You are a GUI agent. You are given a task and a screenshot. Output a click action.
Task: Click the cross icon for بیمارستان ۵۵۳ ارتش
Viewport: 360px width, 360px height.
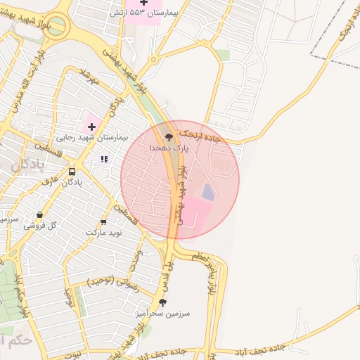(x=144, y=3)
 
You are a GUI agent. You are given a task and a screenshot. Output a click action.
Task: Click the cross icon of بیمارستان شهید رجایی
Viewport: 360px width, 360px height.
(x=91, y=127)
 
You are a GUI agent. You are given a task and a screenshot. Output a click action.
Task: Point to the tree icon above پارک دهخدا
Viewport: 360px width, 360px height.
(x=168, y=136)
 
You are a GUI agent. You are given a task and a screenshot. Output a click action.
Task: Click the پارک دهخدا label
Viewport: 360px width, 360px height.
(x=167, y=148)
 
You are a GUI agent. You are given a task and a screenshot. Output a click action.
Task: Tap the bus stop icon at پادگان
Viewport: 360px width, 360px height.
(x=72, y=172)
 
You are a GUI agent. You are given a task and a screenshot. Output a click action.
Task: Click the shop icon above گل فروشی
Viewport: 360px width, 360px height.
(x=39, y=215)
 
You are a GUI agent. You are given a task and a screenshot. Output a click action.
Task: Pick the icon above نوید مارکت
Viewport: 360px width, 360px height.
(x=104, y=222)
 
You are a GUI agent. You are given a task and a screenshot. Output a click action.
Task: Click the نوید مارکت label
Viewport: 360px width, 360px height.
(x=104, y=232)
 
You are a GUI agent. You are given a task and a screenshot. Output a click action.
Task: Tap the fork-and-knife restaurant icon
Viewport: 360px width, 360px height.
(x=105, y=160)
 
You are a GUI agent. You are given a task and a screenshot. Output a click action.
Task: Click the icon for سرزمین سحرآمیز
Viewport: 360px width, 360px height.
(x=162, y=302)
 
